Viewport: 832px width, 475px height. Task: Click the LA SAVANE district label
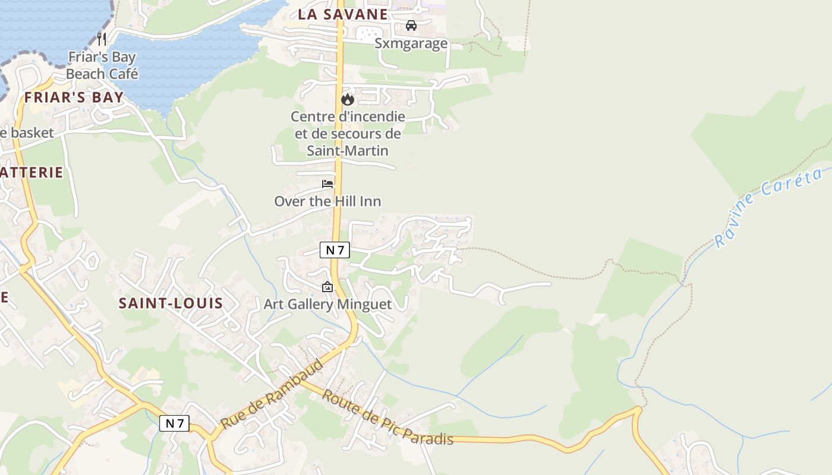342,15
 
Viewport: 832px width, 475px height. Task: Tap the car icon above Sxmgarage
411,26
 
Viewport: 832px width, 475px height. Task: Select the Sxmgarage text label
411,43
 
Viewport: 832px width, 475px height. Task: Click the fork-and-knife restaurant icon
102,39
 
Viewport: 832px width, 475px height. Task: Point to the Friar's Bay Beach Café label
102,66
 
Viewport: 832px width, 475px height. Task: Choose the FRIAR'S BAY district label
74,97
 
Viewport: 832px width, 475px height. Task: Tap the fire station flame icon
348,99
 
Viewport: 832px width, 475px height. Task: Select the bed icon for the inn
327,184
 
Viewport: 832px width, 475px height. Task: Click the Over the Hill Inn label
327,201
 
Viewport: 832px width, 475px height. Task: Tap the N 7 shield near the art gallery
335,250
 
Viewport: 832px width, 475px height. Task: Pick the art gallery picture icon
327,287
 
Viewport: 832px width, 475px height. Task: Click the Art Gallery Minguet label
327,305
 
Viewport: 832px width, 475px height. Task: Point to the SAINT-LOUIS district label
171,303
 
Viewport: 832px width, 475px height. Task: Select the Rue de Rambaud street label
272,393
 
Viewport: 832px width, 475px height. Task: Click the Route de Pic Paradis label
387,417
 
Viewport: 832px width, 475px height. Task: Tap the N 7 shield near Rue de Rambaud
174,423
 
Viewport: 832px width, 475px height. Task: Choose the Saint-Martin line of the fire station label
348,151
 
